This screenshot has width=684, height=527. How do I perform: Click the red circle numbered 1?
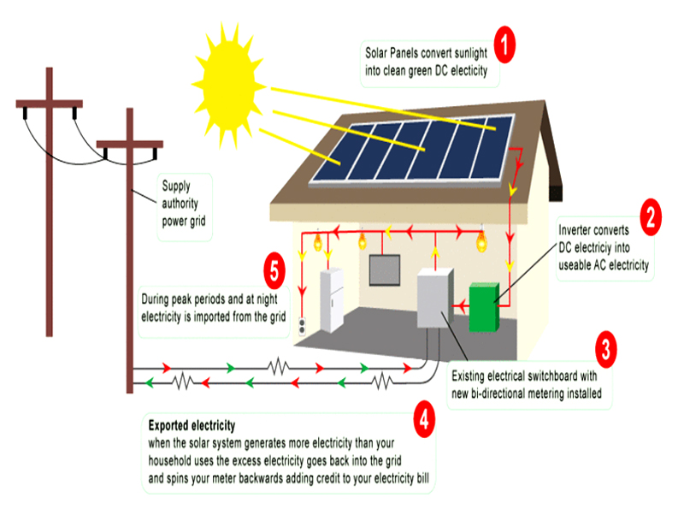pyautogui.click(x=504, y=44)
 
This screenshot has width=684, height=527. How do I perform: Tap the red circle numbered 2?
pyautogui.click(x=651, y=217)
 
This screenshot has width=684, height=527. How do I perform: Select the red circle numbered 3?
pyautogui.click(x=606, y=349)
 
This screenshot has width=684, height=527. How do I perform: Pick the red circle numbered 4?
pyautogui.click(x=424, y=419)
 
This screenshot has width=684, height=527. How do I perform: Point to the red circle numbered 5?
pyautogui.click(x=274, y=270)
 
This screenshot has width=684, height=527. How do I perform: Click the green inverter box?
pyautogui.click(x=484, y=307)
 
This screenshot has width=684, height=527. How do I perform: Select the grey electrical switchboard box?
pyautogui.click(x=435, y=298)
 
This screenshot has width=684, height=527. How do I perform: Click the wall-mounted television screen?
pyautogui.click(x=384, y=270)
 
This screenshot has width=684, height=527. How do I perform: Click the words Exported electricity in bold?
pyautogui.click(x=192, y=425)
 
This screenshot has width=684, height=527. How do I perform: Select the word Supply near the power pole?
pyautogui.click(x=176, y=186)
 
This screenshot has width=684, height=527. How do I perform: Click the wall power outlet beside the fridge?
pyautogui.click(x=302, y=327)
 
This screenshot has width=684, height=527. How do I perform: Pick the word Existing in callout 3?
pyautogui.click(x=468, y=376)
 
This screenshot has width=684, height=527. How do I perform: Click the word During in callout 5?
pyautogui.click(x=155, y=299)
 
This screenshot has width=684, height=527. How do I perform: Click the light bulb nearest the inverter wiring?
pyautogui.click(x=481, y=240)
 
